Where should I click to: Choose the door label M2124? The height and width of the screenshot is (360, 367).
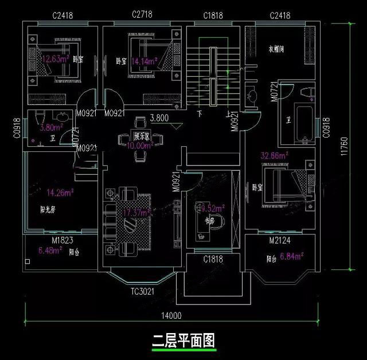pyautogui.click(x=282, y=241)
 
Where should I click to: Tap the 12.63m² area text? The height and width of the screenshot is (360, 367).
pyautogui.click(x=53, y=58)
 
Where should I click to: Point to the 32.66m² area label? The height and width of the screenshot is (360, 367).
pyautogui.click(x=274, y=155)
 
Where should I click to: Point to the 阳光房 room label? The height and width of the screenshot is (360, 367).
pyautogui.click(x=48, y=210)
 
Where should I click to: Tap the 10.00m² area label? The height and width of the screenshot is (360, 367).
pyautogui.click(x=141, y=146)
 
